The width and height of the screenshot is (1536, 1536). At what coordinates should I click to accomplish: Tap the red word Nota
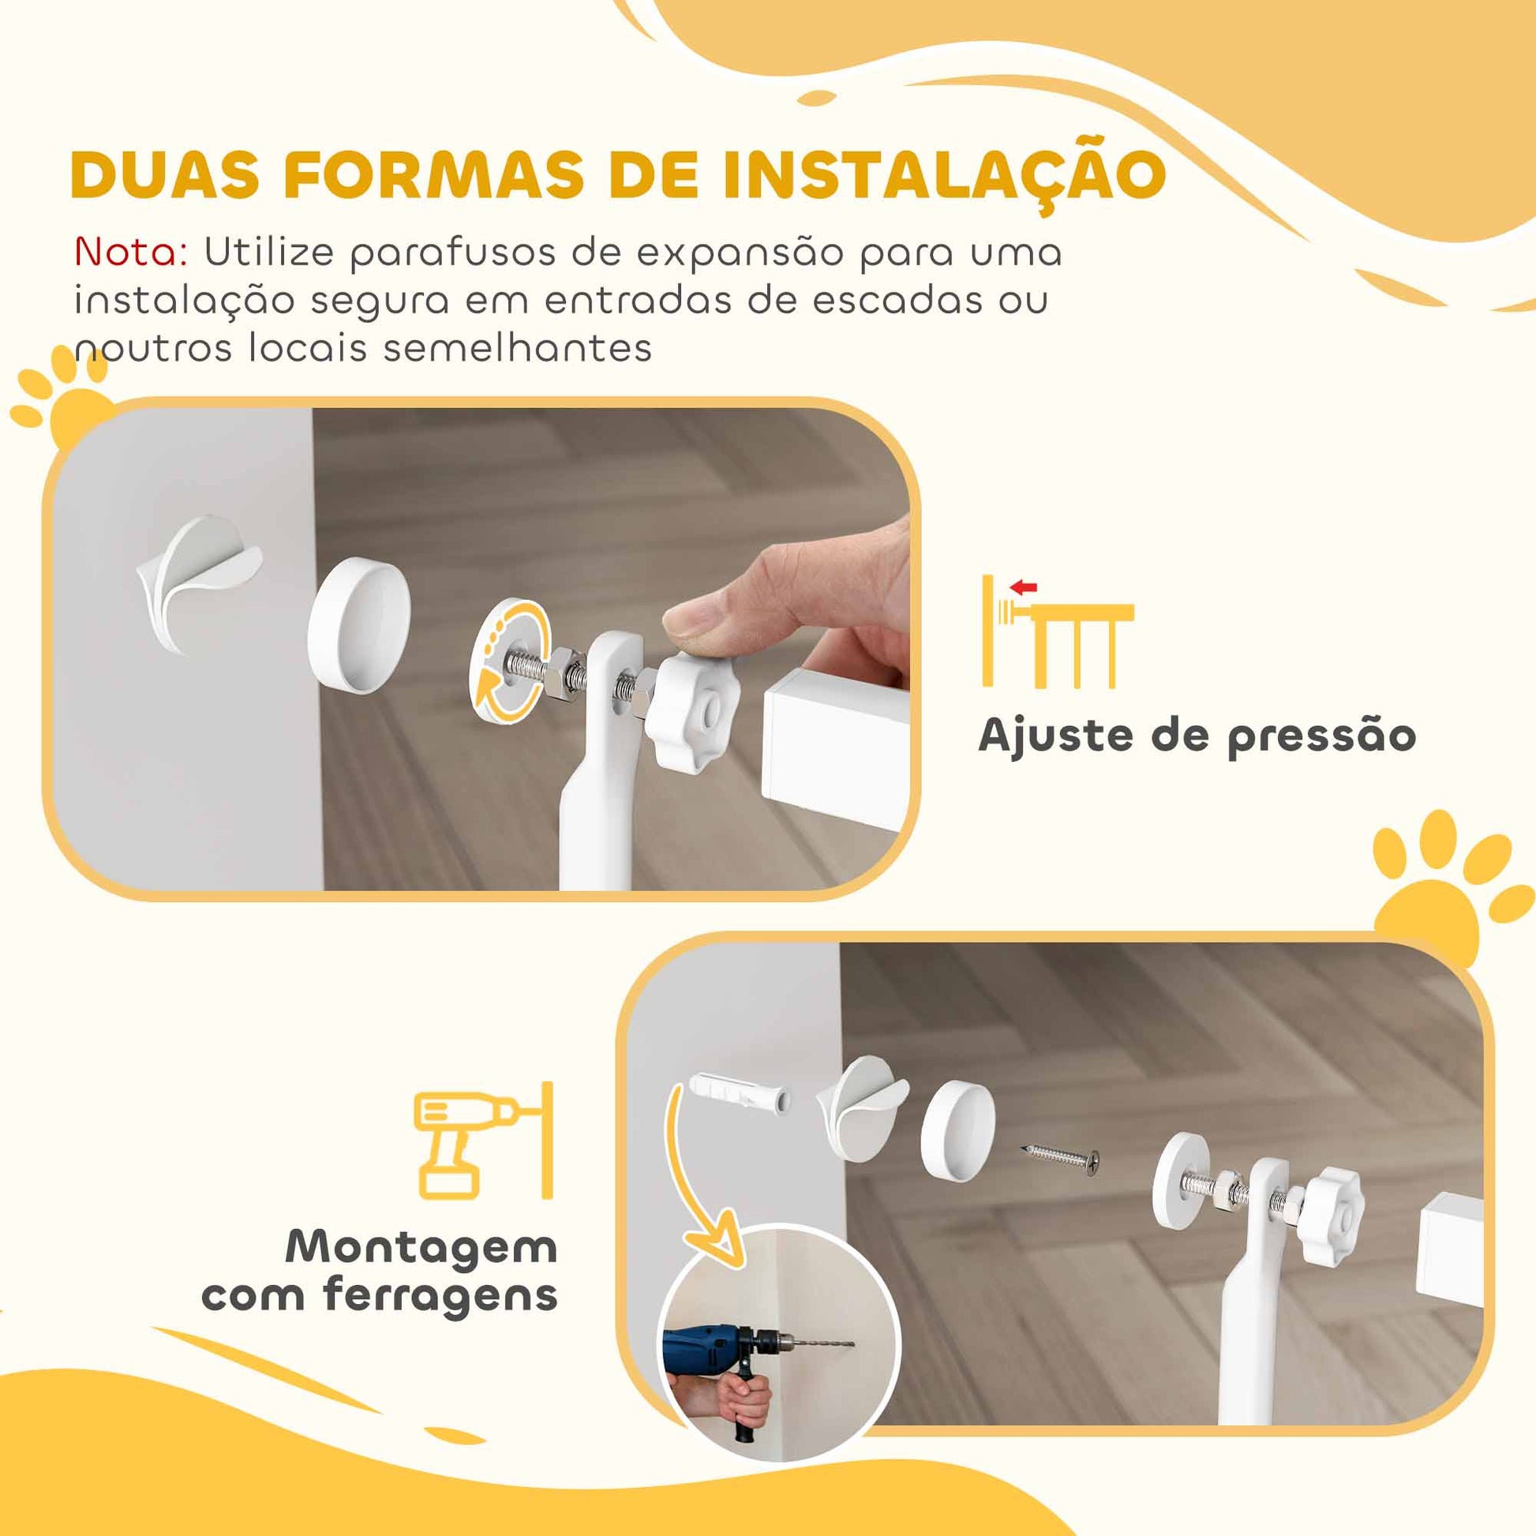click(x=130, y=253)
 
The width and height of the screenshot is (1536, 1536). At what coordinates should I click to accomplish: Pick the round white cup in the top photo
click(x=358, y=626)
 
